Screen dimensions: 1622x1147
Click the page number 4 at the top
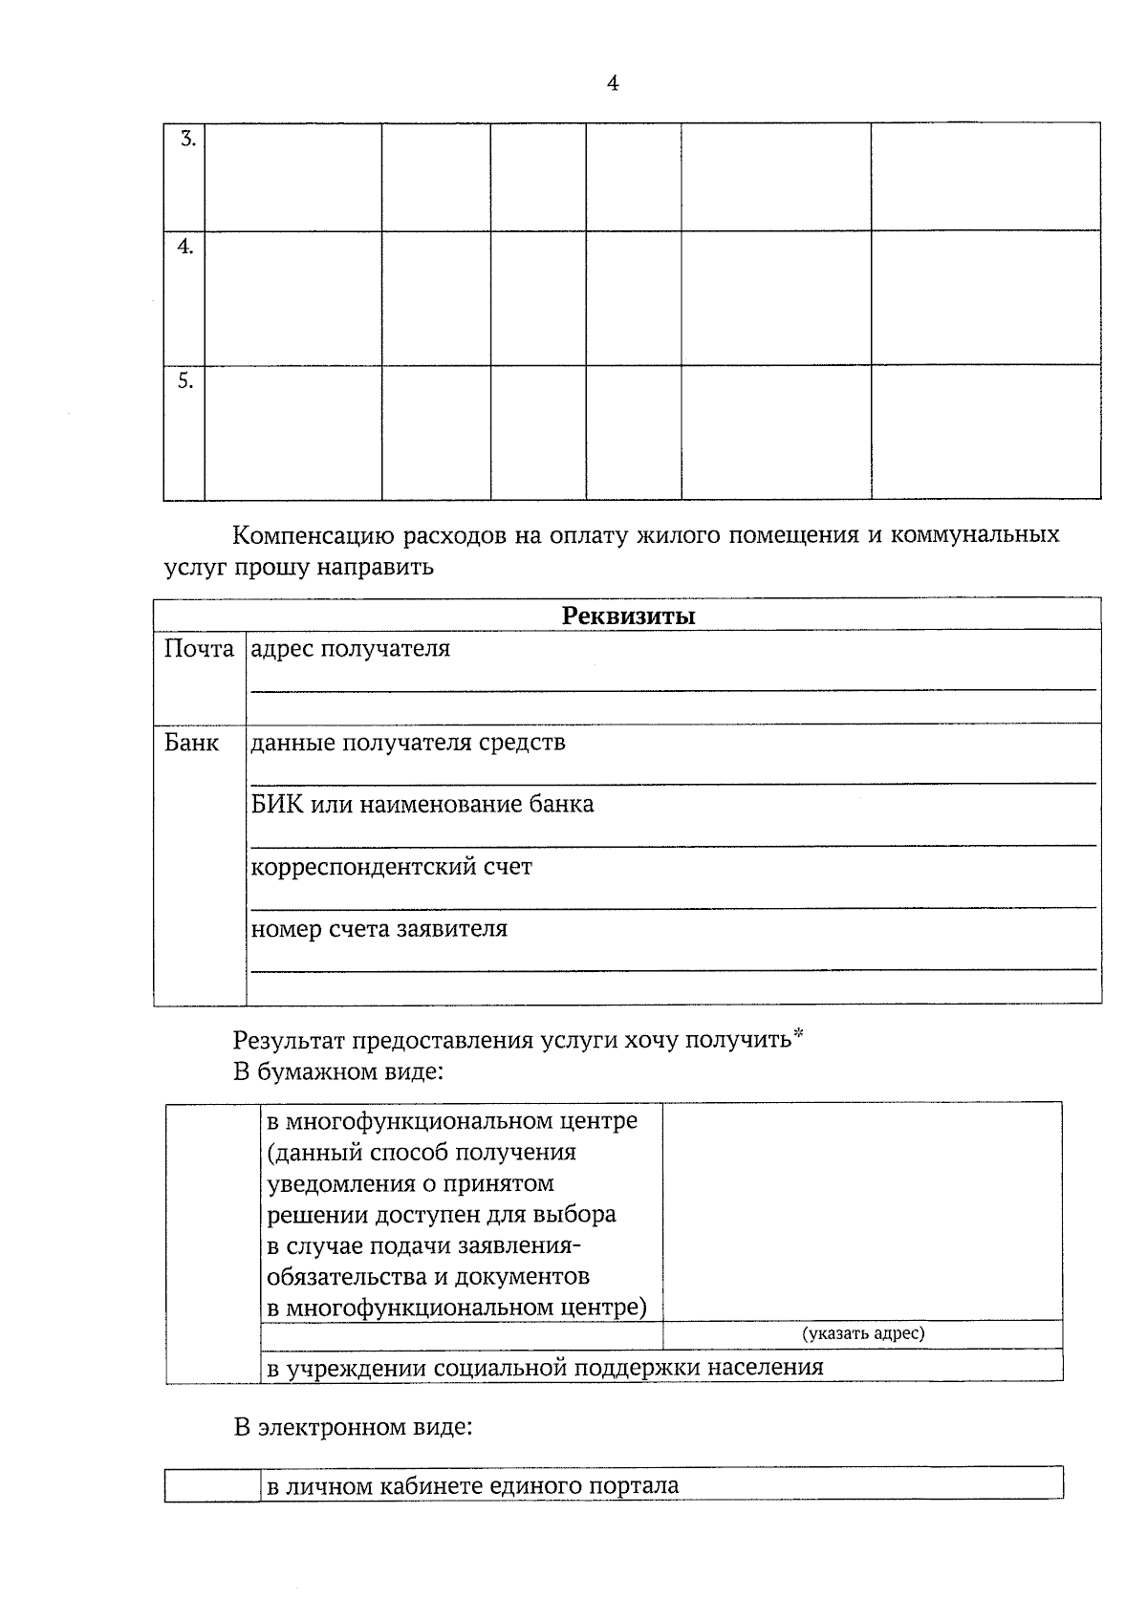click(613, 84)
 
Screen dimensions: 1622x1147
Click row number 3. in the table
click(188, 140)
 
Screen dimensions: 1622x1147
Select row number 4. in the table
click(185, 248)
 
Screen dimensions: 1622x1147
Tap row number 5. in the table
click(185, 381)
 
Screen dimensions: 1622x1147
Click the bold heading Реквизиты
click(628, 616)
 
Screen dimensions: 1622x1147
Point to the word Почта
click(199, 650)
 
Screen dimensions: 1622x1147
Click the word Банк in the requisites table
click(191, 744)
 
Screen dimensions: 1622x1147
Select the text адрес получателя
click(350, 650)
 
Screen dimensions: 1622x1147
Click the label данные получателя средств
click(408, 743)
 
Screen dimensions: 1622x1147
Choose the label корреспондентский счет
click(391, 868)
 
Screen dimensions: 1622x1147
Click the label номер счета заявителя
click(379, 929)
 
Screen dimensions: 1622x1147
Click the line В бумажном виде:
click(338, 1071)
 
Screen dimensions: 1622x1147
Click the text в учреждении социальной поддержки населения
click(544, 1368)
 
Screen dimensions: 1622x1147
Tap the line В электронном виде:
click(353, 1428)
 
